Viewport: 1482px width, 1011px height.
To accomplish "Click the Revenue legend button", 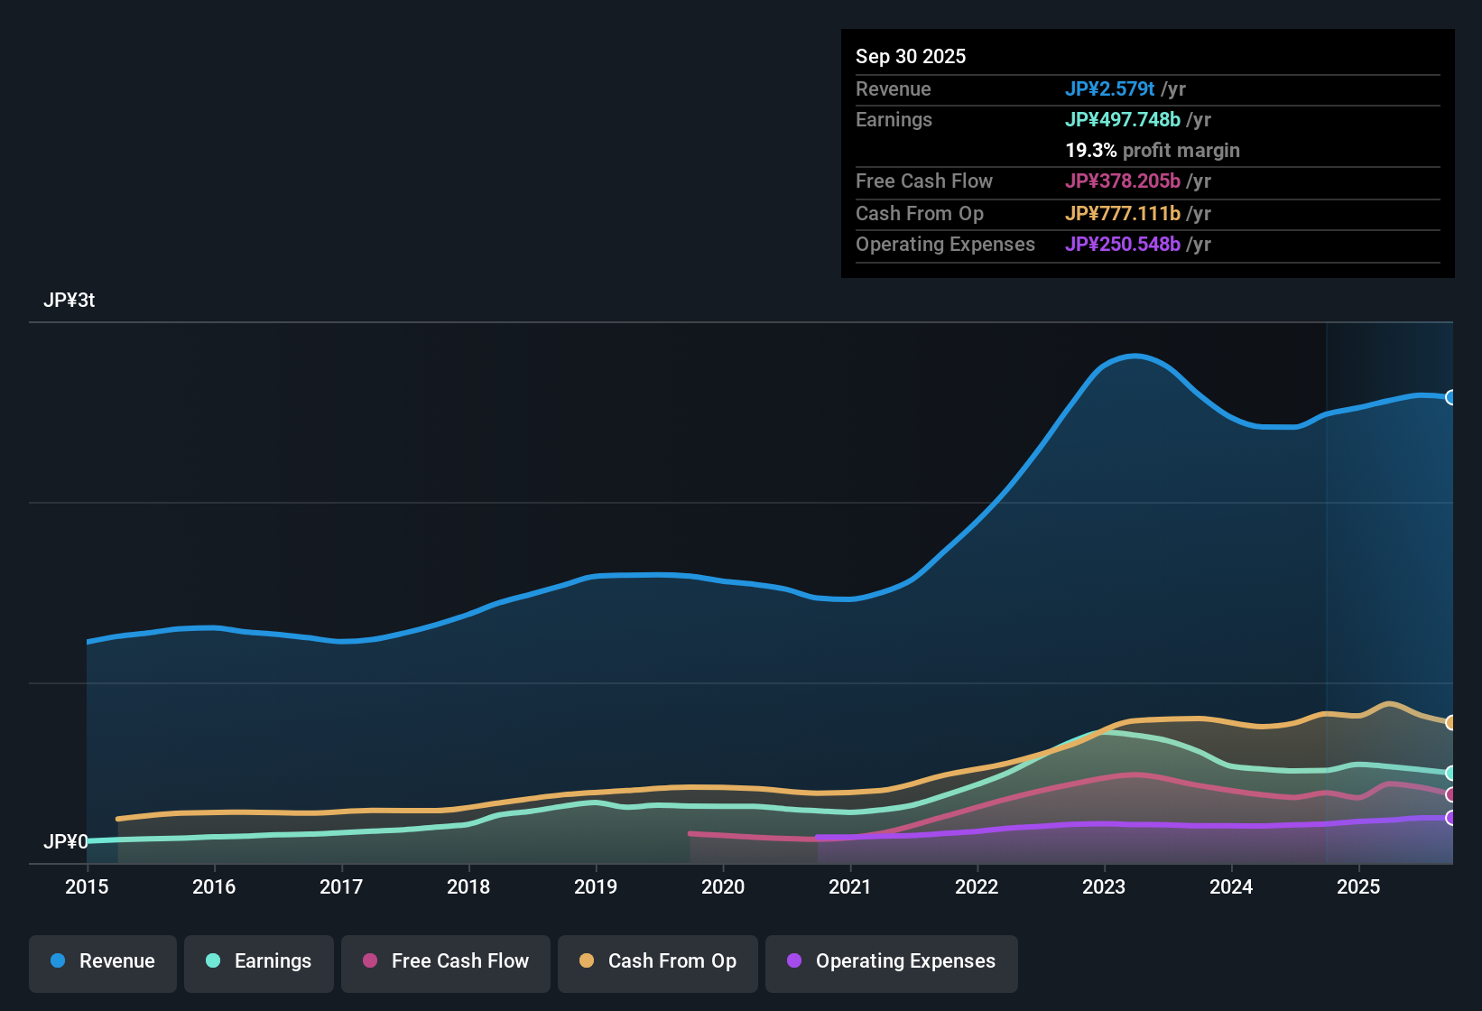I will (x=103, y=961).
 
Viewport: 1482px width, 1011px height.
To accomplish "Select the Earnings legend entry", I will (x=259, y=961).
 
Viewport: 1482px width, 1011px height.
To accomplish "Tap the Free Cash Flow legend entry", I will (x=446, y=961).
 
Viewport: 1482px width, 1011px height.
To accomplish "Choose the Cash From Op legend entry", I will (x=658, y=961).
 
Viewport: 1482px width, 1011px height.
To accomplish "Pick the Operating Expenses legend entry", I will (x=892, y=961).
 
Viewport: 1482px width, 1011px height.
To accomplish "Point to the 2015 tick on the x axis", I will (x=87, y=886).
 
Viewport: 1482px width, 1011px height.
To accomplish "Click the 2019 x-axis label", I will (x=596, y=886).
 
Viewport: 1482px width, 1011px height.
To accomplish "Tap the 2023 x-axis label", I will (x=1104, y=886).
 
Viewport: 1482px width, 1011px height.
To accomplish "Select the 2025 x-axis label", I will (x=1358, y=886).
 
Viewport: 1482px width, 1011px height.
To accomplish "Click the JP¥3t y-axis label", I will (x=69, y=301).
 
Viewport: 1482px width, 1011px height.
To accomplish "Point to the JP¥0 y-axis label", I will (x=66, y=842).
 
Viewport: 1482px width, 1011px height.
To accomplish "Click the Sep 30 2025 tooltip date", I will (x=911, y=56).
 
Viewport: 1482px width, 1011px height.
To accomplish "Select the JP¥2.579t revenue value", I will (x=1109, y=88).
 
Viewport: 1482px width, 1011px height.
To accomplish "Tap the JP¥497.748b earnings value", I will (x=1122, y=119).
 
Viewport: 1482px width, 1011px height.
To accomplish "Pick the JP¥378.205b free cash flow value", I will (x=1122, y=181).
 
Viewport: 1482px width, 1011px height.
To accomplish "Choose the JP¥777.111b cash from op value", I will (x=1122, y=213).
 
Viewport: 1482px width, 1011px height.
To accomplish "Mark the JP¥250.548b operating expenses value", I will (x=1122, y=244).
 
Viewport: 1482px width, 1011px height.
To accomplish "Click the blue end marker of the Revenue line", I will (x=1451, y=397).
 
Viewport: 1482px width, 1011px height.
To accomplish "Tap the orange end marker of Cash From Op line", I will (x=1451, y=722).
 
